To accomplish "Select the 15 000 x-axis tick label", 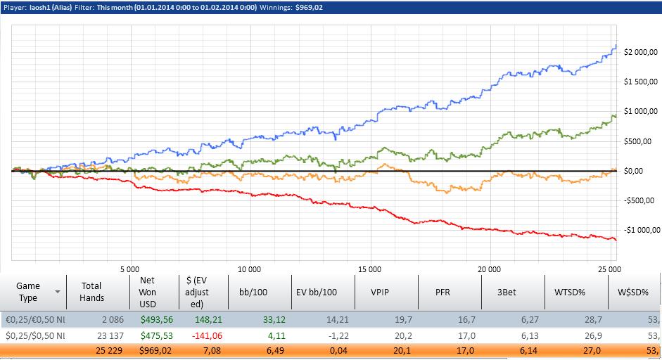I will point(369,269).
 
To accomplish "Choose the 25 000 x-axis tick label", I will point(608,269).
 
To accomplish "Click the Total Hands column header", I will point(91,291).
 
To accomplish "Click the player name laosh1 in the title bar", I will point(38,6).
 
